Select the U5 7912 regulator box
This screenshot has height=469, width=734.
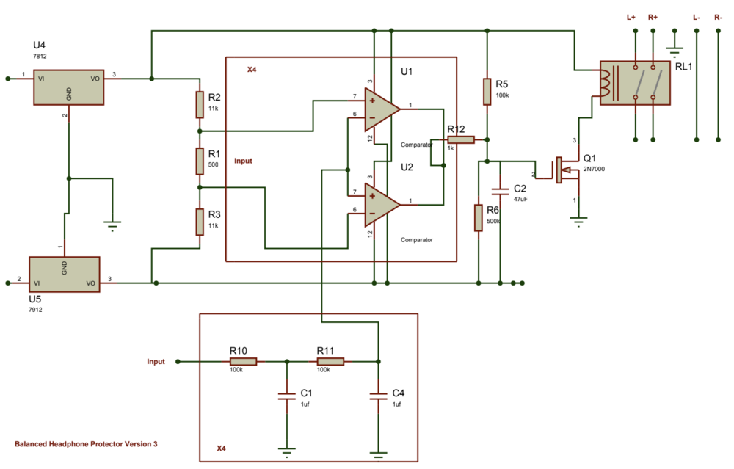coord(64,274)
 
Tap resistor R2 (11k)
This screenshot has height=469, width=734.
coord(200,104)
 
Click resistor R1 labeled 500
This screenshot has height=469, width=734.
coord(200,160)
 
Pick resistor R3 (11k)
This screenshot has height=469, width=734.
coord(200,221)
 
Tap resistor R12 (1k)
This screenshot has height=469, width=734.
coord(461,139)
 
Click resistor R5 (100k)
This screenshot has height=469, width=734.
coord(486,91)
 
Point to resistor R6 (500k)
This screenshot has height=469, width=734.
coord(479,218)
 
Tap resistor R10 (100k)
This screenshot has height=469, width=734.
coord(243,361)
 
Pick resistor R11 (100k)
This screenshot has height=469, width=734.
coord(330,361)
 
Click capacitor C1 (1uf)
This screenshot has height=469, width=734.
coord(286,396)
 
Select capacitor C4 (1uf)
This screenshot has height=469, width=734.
coord(378,396)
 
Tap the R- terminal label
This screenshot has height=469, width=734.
coord(717,16)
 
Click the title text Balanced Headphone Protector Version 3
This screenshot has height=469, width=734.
coord(86,444)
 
